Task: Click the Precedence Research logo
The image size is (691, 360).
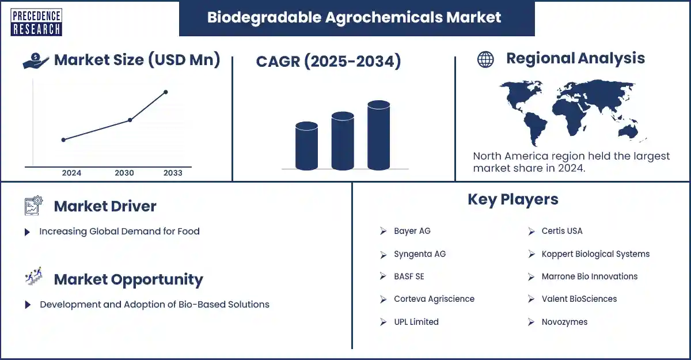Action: click(36, 22)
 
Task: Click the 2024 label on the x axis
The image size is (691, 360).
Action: click(71, 173)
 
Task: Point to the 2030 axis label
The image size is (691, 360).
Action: click(124, 173)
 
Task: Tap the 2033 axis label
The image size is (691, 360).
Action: click(173, 173)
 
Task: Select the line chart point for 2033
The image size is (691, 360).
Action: click(166, 92)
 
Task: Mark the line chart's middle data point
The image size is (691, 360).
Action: click(130, 120)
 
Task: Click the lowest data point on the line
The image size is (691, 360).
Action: click(63, 140)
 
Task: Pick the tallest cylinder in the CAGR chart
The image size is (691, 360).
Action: click(378, 135)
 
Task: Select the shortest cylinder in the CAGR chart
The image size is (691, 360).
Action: click(306, 146)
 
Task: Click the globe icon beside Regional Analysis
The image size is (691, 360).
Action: click(485, 59)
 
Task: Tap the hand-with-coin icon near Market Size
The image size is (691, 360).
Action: click(36, 60)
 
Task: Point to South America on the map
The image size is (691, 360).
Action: click(535, 128)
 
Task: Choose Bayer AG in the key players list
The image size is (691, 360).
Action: click(412, 231)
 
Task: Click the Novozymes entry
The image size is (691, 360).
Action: click(564, 322)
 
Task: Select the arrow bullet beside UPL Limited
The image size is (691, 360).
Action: click(383, 322)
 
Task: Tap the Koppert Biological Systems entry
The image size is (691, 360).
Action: click(595, 254)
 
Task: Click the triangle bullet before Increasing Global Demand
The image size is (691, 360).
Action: click(27, 232)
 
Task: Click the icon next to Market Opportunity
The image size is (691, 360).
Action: click(33, 276)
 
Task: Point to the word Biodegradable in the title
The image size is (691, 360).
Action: click(264, 18)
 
